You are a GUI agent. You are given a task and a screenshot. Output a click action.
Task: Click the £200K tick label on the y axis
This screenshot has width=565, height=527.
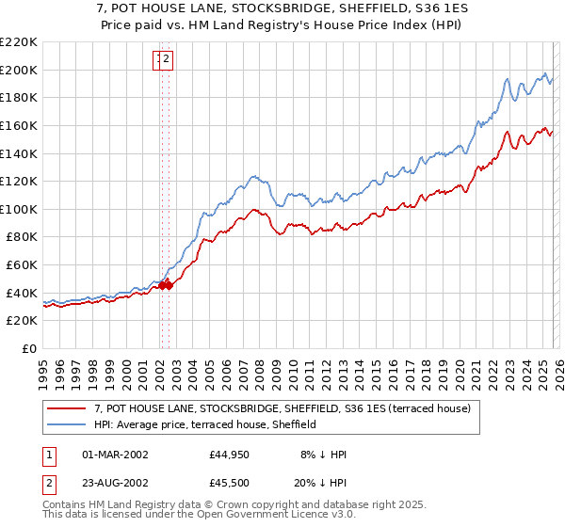(19, 70)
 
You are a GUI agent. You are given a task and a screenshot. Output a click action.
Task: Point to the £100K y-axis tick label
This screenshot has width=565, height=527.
(19, 209)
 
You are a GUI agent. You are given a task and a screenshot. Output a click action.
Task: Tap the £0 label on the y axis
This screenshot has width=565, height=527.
(28, 349)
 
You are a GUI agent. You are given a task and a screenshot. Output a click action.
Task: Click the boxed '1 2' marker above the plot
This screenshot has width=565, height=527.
(163, 60)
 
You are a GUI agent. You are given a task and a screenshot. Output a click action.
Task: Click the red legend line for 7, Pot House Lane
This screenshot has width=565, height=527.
(68, 408)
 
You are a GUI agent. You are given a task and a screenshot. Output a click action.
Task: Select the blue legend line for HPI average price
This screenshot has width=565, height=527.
(68, 424)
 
